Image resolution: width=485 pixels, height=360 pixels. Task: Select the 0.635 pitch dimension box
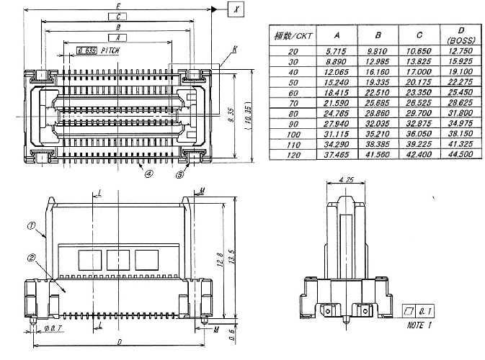pyautogui.click(x=86, y=51)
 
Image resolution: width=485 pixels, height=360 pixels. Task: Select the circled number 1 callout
pyautogui.click(x=31, y=225)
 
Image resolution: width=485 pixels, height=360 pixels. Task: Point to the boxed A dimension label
pyautogui.click(x=118, y=37)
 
